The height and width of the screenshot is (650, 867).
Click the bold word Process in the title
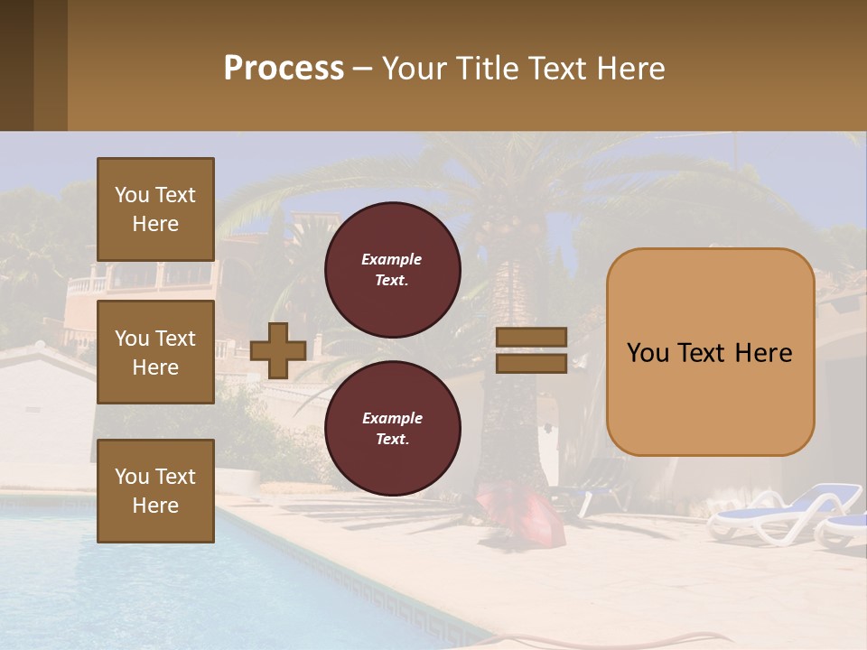[284, 69]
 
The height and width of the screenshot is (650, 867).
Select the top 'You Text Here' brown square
[155, 209]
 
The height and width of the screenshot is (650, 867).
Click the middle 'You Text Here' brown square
[155, 352]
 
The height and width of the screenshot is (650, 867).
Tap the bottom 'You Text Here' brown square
[155, 491]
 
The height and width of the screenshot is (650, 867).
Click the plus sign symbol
[277, 350]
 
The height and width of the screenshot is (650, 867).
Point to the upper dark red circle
[392, 270]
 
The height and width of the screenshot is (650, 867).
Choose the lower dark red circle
[392, 429]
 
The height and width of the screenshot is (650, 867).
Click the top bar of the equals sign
[532, 337]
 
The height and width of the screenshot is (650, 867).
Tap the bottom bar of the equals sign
[532, 363]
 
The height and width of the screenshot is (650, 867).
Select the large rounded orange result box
[710, 352]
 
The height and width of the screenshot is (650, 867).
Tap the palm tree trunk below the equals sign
[515, 424]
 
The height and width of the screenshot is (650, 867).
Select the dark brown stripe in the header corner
[16, 65]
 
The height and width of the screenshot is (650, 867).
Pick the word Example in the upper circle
[392, 259]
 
